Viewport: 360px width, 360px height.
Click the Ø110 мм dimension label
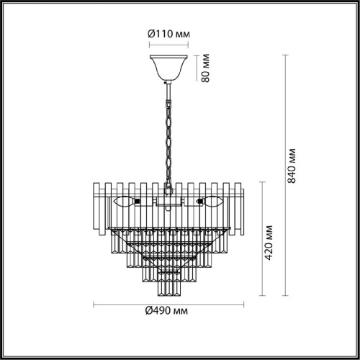168,34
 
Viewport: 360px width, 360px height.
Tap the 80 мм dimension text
205,68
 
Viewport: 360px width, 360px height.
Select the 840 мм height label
292,166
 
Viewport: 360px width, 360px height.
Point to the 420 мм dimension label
269,243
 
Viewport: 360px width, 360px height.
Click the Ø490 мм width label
166,311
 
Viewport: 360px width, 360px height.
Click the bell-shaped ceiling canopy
168,68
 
